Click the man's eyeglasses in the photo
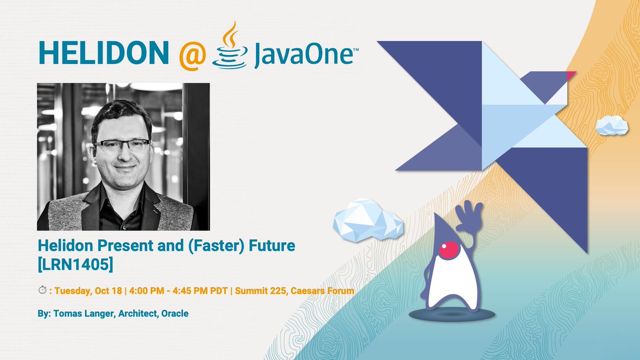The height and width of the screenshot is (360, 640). coord(121,146)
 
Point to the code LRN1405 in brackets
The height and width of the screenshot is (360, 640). coord(75,264)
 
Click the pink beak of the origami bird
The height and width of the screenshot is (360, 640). coord(571,75)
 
